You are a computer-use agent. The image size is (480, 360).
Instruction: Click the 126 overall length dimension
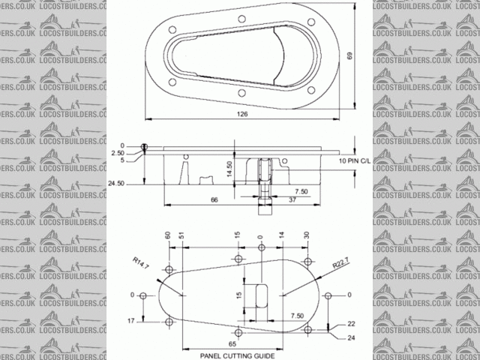click(x=241, y=114)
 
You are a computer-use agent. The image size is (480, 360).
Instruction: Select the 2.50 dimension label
click(x=118, y=152)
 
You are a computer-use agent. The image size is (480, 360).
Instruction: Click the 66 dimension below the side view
click(x=214, y=199)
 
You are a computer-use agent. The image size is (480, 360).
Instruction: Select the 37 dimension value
click(x=292, y=199)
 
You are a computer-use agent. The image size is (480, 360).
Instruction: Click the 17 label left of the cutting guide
click(x=131, y=321)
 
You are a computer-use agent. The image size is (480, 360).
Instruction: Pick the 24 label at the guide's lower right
click(x=351, y=337)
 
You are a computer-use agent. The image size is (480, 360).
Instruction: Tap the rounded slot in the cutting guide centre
click(x=262, y=295)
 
